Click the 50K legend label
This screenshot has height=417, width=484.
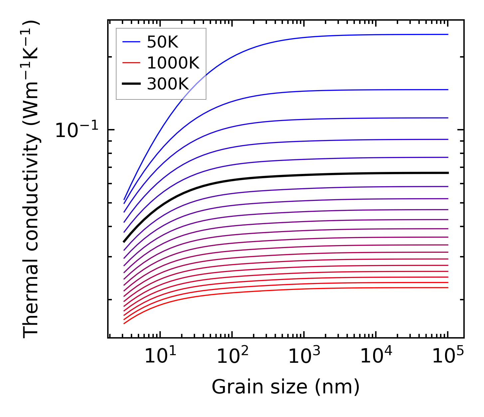click(x=163, y=42)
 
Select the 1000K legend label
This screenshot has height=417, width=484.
click(x=173, y=63)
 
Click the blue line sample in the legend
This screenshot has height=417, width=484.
click(x=131, y=42)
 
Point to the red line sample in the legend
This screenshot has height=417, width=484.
click(x=131, y=63)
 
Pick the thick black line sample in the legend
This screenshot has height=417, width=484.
click(x=131, y=84)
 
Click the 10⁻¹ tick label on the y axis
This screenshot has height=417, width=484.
click(x=77, y=130)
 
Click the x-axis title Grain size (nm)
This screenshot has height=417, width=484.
click(x=286, y=387)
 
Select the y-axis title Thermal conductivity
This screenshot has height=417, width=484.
click(x=32, y=180)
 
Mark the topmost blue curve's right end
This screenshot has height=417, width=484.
click(x=448, y=34)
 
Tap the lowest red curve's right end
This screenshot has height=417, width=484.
click(x=448, y=288)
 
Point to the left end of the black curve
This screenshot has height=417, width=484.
click(x=124, y=242)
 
